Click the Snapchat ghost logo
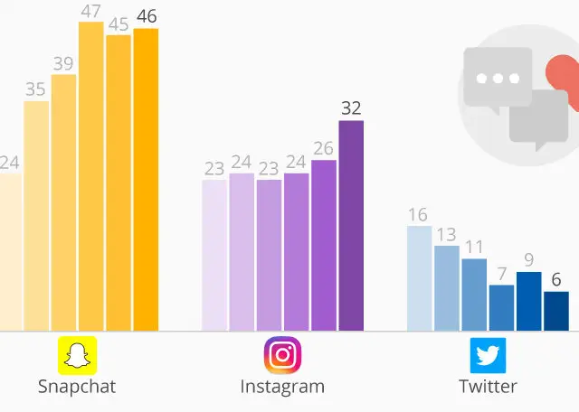tap(78, 355)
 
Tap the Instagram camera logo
tap(282, 355)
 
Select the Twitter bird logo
tap(488, 355)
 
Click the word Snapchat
tap(77, 387)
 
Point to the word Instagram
tap(282, 387)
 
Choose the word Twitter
tap(488, 387)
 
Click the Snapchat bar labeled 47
tap(90, 176)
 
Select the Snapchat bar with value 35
tap(36, 216)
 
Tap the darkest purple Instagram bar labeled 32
tap(351, 225)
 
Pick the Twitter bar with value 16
tap(420, 278)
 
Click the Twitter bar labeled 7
tap(501, 308)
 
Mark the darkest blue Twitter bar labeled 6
tap(556, 311)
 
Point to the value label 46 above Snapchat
tap(145, 15)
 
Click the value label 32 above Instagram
tap(351, 108)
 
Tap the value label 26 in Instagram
tap(324, 148)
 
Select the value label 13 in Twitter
tap(447, 234)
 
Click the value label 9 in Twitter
tap(528, 260)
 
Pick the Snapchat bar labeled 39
tap(63, 202)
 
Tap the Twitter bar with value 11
tap(474, 295)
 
